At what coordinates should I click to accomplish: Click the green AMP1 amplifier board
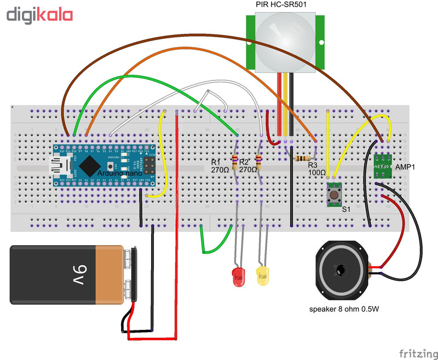[x=382, y=167]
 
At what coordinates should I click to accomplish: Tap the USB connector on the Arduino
[x=59, y=164]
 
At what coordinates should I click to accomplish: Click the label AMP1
[x=406, y=167]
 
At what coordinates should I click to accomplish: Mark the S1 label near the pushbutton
[x=346, y=209]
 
